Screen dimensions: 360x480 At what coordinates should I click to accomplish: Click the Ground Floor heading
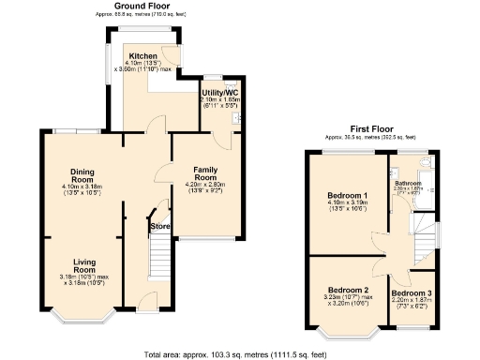142,7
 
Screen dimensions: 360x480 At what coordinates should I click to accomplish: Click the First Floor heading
371,127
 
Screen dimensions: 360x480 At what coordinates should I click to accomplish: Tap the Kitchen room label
142,55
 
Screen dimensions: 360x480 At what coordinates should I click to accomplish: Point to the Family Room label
204,172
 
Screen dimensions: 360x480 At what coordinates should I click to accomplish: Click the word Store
161,225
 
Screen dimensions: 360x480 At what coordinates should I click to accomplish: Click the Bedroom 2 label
348,290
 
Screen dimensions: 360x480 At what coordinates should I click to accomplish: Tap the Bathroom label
408,183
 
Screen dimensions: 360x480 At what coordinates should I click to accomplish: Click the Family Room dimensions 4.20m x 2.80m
204,186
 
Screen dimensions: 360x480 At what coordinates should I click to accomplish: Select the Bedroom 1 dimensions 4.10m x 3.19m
348,203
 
